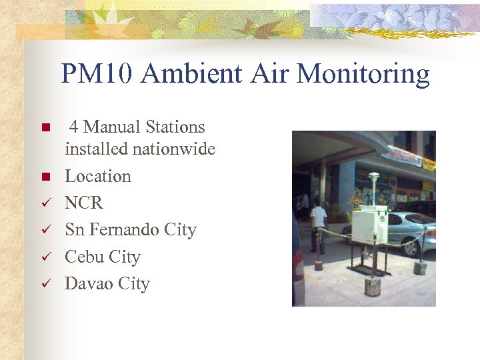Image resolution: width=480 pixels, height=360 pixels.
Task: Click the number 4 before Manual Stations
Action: point(74,127)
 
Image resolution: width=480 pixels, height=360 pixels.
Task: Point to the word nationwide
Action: point(174,149)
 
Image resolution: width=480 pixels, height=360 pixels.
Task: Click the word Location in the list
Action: point(98,176)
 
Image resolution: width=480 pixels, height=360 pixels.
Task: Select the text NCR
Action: point(84,203)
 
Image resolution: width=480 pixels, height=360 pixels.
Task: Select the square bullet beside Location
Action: point(45,177)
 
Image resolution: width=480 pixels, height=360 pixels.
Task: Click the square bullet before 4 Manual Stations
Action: point(45,127)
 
